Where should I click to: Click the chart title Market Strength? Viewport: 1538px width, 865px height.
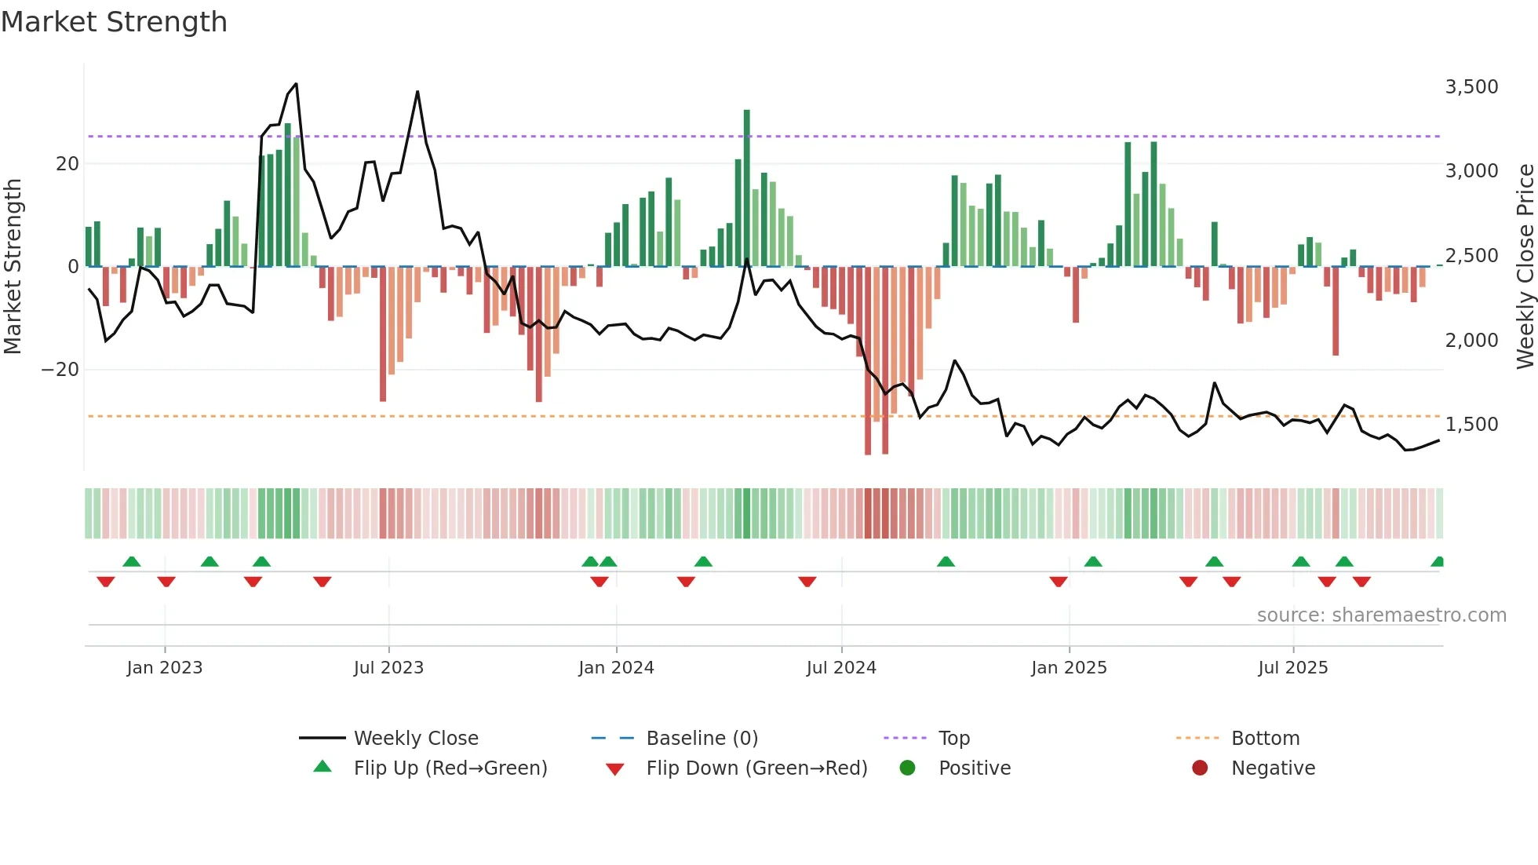[114, 22]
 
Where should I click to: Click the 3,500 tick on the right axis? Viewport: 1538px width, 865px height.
[1471, 86]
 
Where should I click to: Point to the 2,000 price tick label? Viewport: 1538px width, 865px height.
[1471, 340]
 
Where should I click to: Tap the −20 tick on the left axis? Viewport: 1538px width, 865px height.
[60, 370]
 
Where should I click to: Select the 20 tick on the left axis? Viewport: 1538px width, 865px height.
[67, 164]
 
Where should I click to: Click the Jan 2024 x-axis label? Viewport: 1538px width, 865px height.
[616, 668]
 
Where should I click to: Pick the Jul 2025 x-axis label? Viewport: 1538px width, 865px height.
[1292, 668]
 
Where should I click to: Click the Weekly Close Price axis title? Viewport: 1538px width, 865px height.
[1525, 267]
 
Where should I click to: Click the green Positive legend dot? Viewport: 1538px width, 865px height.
[908, 768]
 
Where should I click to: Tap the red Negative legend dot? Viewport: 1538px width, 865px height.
[1200, 768]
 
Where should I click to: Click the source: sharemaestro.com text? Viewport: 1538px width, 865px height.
[1381, 615]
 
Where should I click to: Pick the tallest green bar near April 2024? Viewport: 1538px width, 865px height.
[747, 188]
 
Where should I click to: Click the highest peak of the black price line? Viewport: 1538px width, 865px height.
[296, 84]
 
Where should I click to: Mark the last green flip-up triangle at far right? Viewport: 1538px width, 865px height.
[1438, 562]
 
